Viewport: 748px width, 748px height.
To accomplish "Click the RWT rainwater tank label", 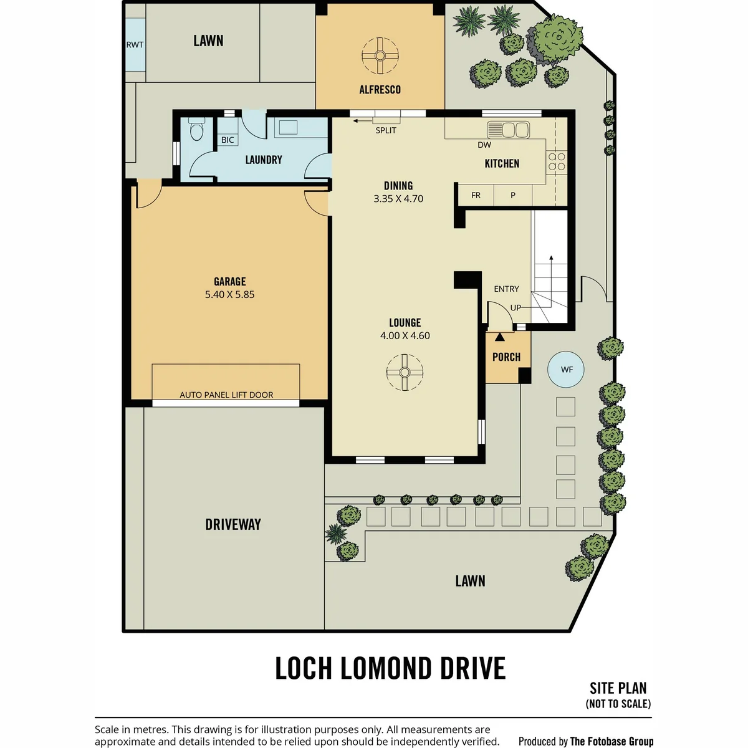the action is click(x=135, y=45).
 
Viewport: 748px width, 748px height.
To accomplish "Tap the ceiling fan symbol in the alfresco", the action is click(x=380, y=55).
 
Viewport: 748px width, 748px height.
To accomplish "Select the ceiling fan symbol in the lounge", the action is click(x=405, y=372).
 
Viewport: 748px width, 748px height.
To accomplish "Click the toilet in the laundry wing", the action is click(x=197, y=129).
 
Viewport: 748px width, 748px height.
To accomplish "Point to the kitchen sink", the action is click(x=509, y=130).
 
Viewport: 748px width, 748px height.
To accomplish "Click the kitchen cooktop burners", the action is click(x=557, y=162).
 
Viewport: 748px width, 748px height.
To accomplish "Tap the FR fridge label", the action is click(x=476, y=195).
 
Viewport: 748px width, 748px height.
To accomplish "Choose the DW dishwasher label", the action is click(x=484, y=145).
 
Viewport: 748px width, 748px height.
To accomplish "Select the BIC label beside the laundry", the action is click(x=228, y=140).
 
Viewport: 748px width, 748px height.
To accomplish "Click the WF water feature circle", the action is click(x=566, y=369).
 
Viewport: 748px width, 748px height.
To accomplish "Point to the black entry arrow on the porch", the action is click(x=500, y=337).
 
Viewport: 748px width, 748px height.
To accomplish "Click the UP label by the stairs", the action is click(x=515, y=308).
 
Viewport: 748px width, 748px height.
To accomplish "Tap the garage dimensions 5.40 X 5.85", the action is click(x=230, y=294).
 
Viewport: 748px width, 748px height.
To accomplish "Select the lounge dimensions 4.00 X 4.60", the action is click(x=405, y=335).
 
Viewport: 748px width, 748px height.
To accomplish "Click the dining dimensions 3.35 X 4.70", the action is click(x=398, y=198).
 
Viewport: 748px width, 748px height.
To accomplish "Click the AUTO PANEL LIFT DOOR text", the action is click(x=226, y=395).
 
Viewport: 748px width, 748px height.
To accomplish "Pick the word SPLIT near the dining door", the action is click(x=386, y=130).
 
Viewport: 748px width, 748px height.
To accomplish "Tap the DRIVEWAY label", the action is click(x=233, y=524).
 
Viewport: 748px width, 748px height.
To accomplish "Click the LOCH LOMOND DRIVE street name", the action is click(x=390, y=668).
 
